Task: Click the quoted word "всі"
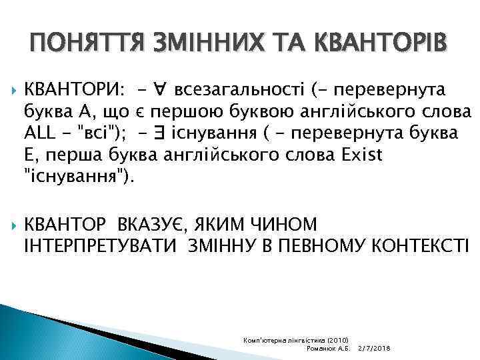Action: click(x=100, y=133)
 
